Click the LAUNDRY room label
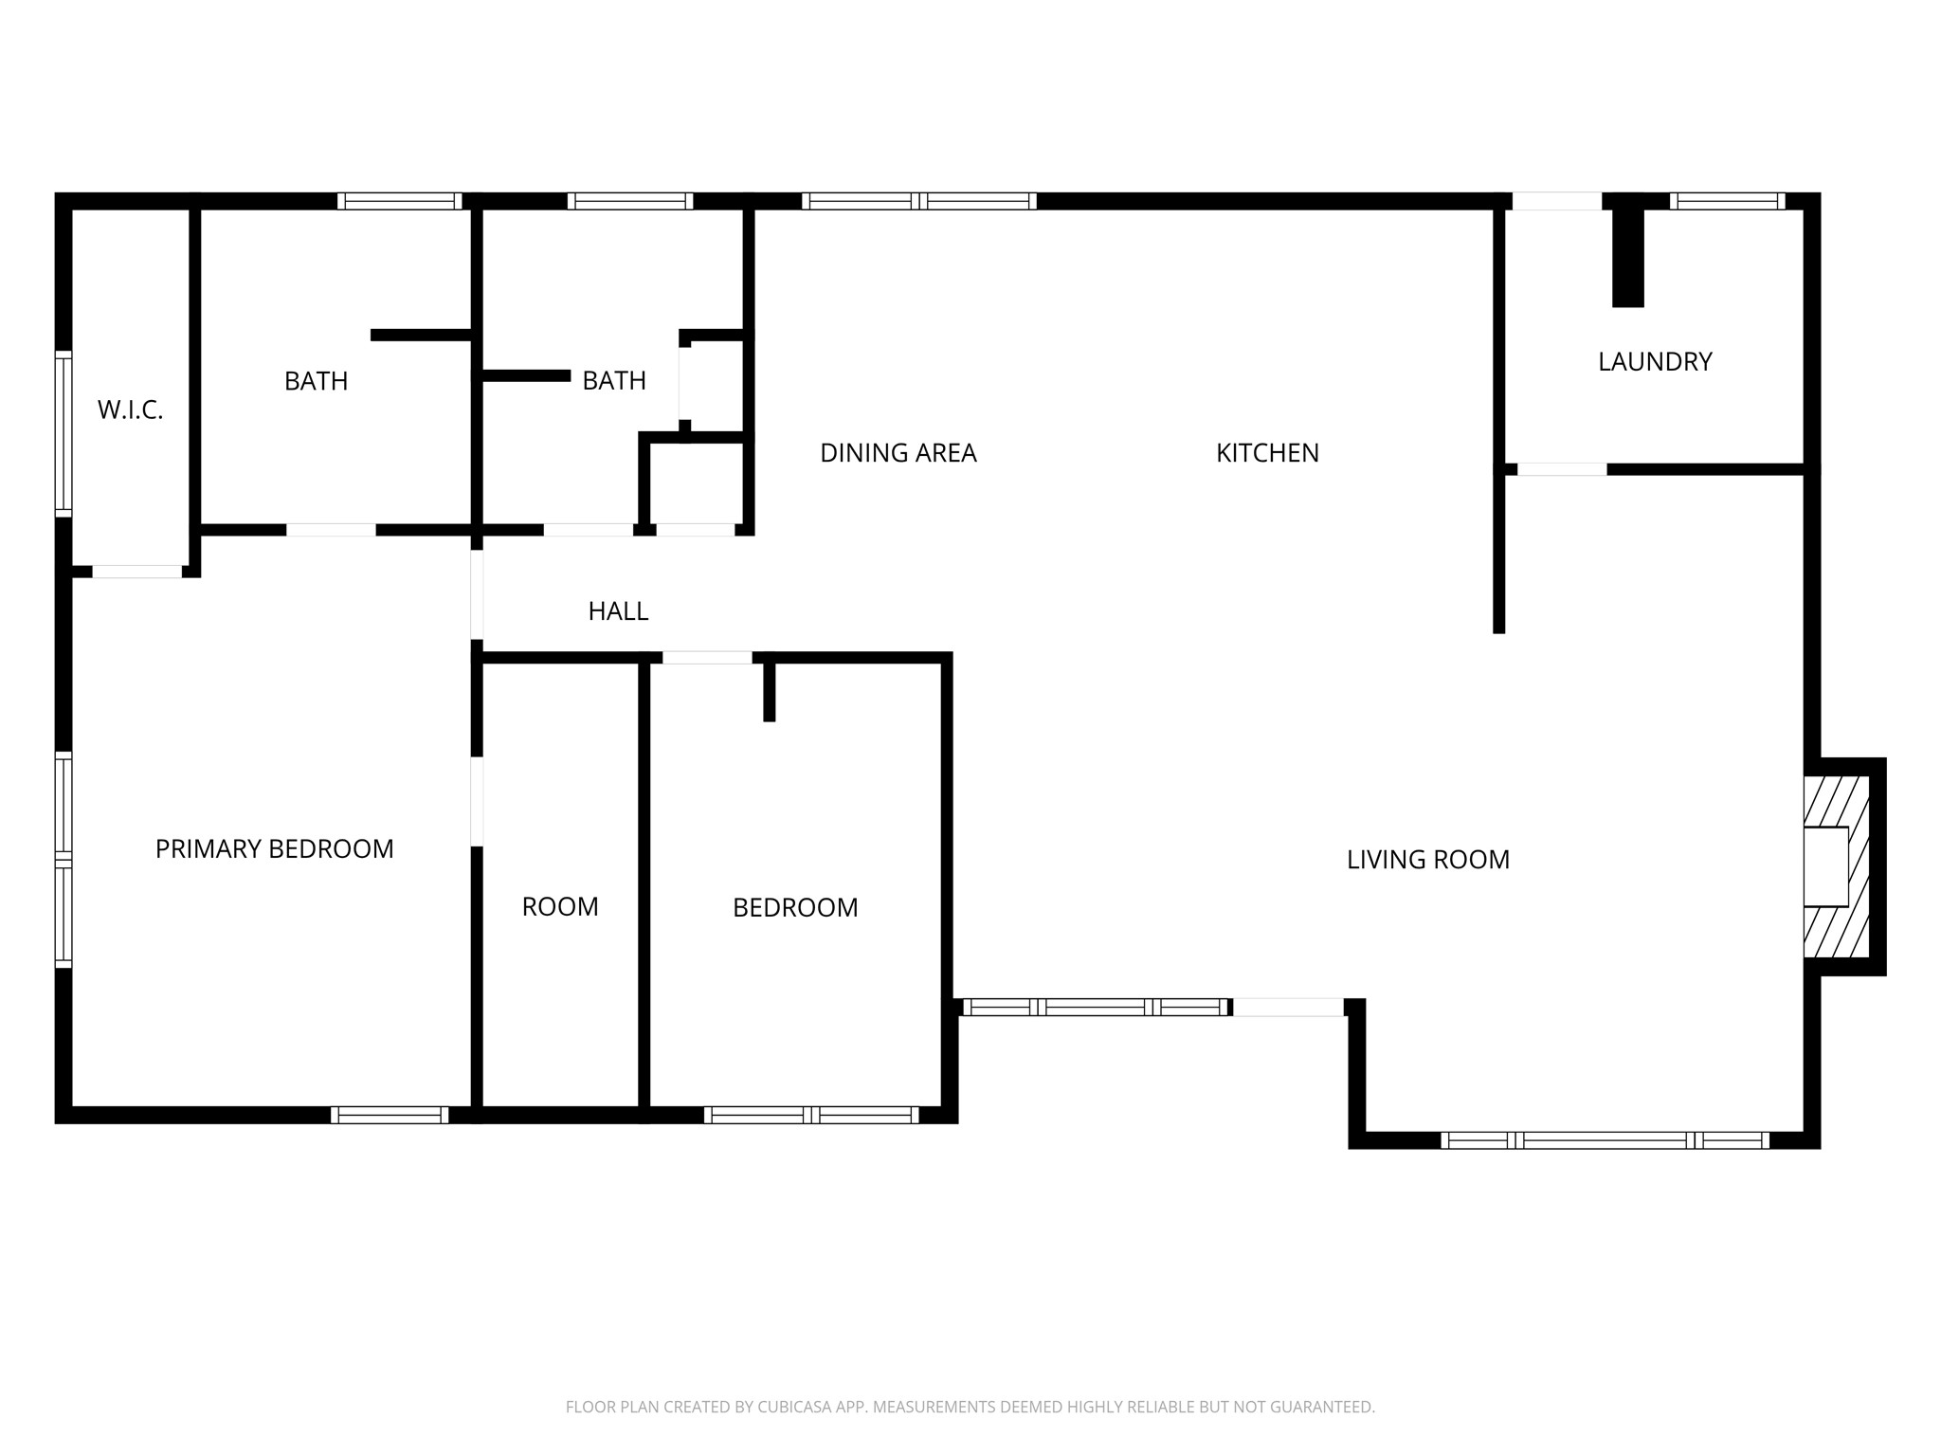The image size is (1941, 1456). [x=1655, y=362]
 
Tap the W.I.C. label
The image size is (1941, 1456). [x=131, y=410]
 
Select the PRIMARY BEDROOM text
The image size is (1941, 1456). [x=274, y=849]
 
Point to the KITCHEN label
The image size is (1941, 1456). [x=1267, y=453]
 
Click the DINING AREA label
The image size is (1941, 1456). [x=898, y=453]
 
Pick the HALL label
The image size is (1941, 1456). [x=618, y=611]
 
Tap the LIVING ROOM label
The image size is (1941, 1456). [x=1427, y=860]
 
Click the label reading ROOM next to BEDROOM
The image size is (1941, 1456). [x=560, y=907]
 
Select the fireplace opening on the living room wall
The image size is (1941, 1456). [x=1825, y=866]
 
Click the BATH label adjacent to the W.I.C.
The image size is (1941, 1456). [x=316, y=381]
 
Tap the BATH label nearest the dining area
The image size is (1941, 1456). [x=614, y=381]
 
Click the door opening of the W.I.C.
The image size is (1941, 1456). [x=136, y=572]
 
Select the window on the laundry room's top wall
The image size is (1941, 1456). [x=1727, y=201]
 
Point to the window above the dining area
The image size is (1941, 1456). [x=918, y=201]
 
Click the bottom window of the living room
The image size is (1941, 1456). [x=1605, y=1140]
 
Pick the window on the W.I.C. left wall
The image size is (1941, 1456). [x=63, y=433]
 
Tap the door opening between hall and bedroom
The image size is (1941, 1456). [x=707, y=658]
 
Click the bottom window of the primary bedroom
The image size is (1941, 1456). [x=390, y=1115]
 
